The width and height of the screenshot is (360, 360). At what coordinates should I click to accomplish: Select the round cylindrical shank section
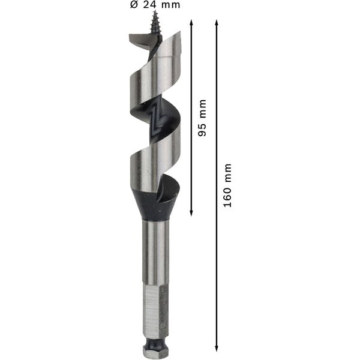[x=155, y=252]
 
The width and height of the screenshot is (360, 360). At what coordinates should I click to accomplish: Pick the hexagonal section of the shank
[x=155, y=309]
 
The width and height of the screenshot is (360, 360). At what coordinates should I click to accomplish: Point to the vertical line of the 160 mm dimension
[x=216, y=270]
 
